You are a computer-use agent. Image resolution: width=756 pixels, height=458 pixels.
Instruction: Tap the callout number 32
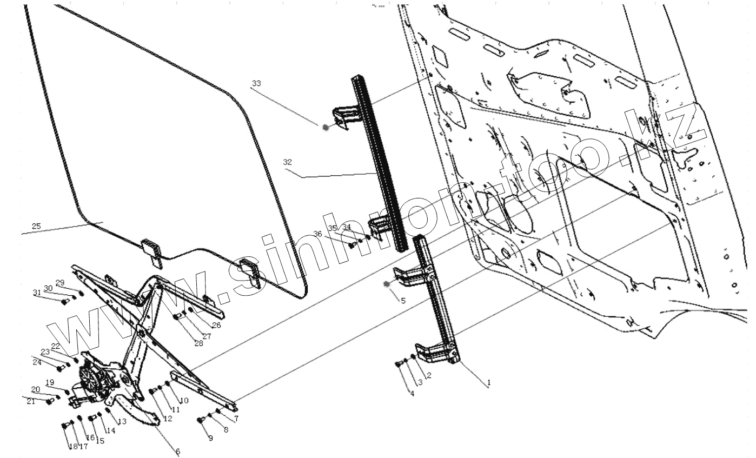click(287, 162)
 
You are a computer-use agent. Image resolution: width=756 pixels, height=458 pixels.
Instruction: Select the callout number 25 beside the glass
click(36, 226)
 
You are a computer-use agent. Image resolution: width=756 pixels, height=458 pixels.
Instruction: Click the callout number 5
click(403, 301)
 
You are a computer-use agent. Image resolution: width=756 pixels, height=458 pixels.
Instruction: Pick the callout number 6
click(178, 451)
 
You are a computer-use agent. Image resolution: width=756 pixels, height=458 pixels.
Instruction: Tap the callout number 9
click(210, 438)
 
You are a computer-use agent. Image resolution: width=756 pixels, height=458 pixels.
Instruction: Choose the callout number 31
click(37, 293)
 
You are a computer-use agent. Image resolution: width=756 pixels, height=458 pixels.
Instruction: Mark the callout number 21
click(31, 401)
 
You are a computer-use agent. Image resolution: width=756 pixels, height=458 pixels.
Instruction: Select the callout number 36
click(317, 234)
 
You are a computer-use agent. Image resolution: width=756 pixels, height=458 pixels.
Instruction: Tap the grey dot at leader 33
click(326, 127)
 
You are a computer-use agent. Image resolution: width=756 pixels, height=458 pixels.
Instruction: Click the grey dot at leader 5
click(386, 283)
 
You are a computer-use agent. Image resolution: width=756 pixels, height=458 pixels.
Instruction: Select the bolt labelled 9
click(201, 420)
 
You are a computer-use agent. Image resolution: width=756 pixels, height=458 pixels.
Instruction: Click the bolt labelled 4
click(399, 364)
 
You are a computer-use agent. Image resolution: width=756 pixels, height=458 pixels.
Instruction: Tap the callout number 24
click(37, 362)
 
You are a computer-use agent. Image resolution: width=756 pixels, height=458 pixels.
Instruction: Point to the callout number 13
click(122, 421)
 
